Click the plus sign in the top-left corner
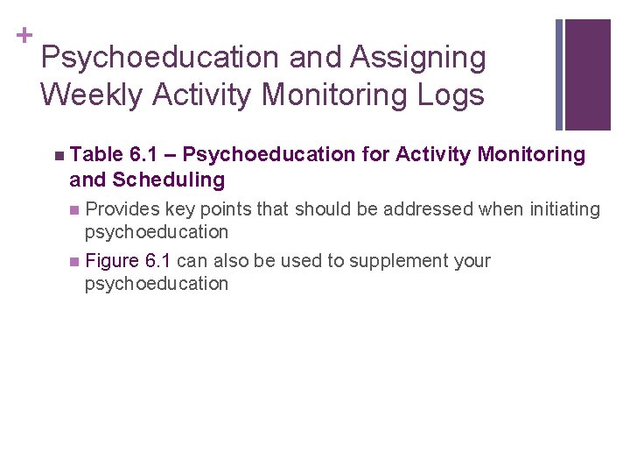(24, 35)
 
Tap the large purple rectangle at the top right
(588, 74)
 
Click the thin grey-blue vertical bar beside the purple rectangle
(559, 74)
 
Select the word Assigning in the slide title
(417, 58)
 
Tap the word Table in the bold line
(96, 155)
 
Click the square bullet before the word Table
(58, 156)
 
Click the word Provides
(122, 209)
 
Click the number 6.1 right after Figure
(157, 261)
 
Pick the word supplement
(411, 261)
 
